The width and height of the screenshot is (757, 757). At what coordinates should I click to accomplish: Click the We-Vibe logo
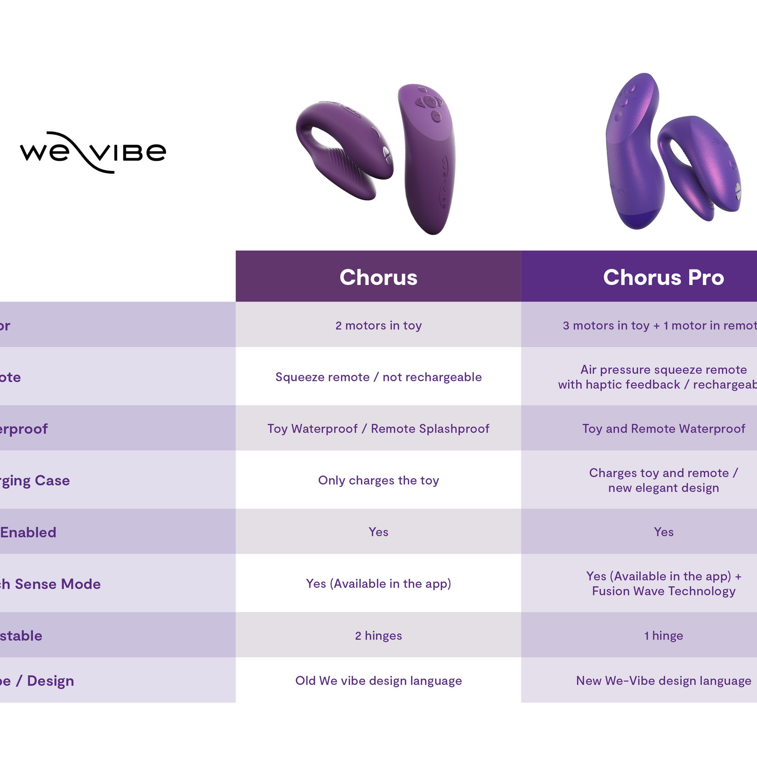(x=93, y=153)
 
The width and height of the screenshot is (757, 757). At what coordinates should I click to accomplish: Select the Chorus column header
(x=378, y=277)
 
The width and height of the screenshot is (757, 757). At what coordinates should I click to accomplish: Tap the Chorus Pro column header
(x=663, y=277)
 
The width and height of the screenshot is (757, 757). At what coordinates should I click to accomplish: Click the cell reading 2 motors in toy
(x=378, y=325)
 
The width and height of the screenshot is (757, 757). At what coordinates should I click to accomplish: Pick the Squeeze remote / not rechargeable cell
(x=378, y=377)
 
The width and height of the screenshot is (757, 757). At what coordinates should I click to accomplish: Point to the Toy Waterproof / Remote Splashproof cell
(x=378, y=428)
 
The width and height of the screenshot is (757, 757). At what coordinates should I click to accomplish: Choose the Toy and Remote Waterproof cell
(x=663, y=428)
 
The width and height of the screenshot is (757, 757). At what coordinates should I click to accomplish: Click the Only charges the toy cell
(x=378, y=480)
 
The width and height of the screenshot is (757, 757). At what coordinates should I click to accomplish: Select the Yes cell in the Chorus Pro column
(x=663, y=532)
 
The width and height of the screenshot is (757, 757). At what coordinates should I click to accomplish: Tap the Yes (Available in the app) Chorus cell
(x=378, y=583)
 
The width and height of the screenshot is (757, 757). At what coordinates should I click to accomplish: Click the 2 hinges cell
(x=378, y=636)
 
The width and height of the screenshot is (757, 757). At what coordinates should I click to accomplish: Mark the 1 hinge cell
(x=663, y=636)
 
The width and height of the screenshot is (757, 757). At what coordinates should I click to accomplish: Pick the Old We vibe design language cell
(x=378, y=680)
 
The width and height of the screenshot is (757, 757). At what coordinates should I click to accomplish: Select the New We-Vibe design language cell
(x=663, y=680)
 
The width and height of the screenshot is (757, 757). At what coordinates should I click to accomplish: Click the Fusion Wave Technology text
(x=663, y=591)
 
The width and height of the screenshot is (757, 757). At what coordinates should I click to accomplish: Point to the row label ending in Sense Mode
(x=50, y=584)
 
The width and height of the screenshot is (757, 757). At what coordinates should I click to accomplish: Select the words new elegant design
(x=663, y=488)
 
